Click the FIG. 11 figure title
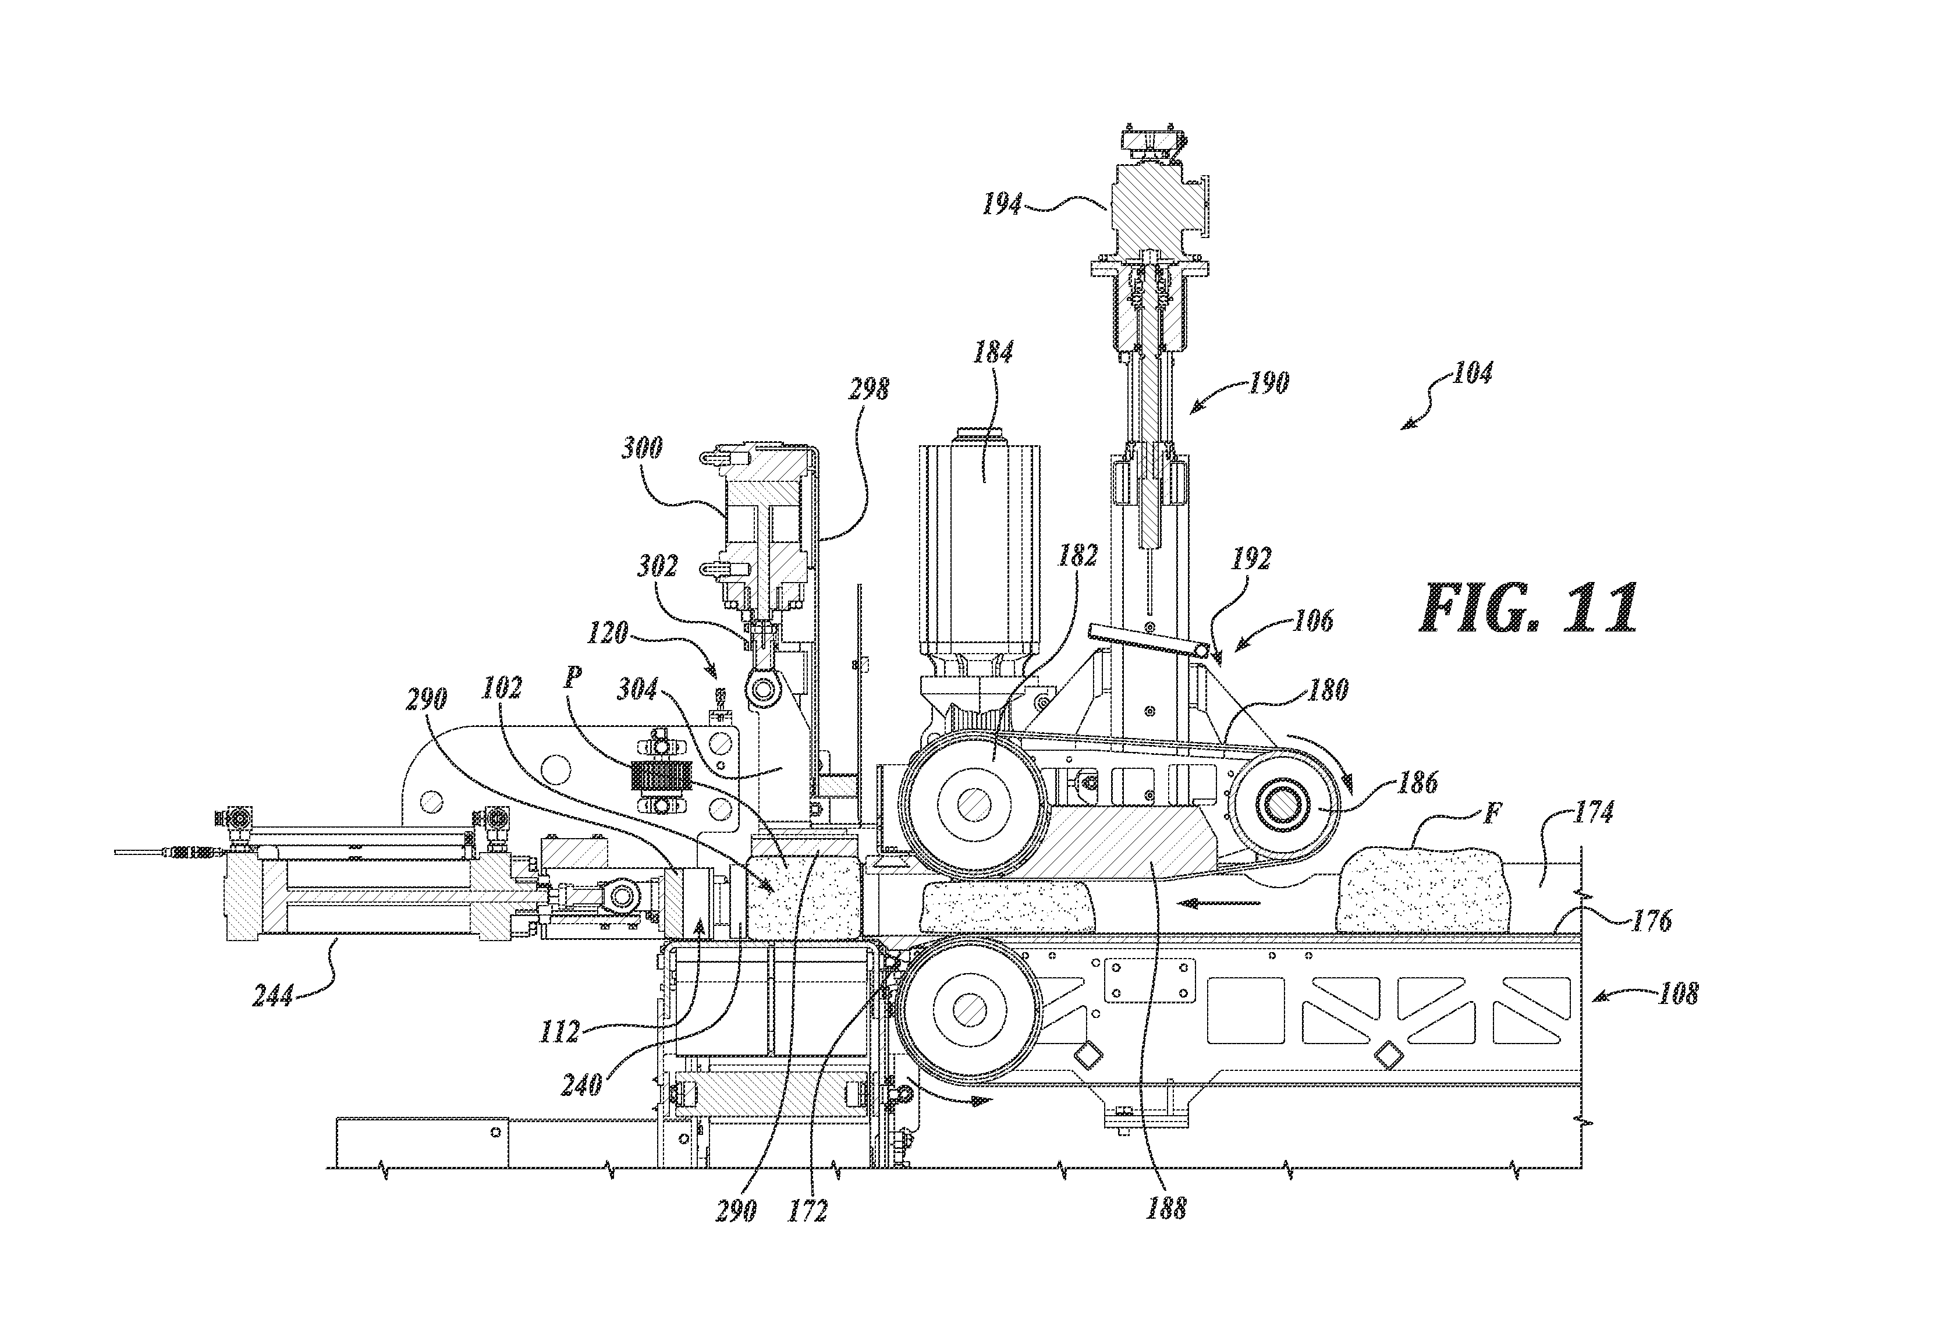coord(1528,608)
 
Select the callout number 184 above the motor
coord(993,353)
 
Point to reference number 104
coord(1471,372)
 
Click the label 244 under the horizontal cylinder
coord(274,996)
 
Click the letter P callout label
coord(574,678)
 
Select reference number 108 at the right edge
coord(1677,993)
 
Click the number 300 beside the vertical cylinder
coord(642,447)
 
